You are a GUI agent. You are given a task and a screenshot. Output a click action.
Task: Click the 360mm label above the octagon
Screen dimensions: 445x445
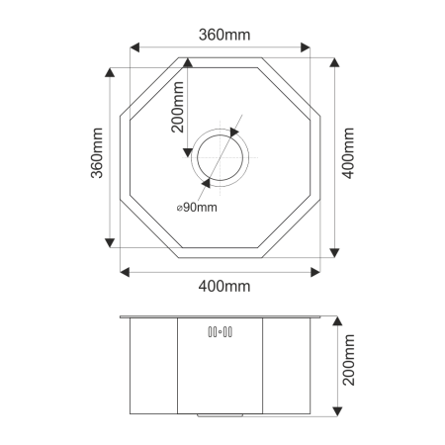[x=222, y=35]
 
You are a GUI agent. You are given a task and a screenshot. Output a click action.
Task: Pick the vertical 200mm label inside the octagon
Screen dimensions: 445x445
[x=176, y=108]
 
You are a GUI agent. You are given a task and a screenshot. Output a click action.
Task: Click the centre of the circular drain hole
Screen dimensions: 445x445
[x=222, y=157]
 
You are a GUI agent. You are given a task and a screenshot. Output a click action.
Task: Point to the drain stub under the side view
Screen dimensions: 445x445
[x=221, y=416]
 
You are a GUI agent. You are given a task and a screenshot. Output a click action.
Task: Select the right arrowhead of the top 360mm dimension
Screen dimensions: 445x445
[x=308, y=46]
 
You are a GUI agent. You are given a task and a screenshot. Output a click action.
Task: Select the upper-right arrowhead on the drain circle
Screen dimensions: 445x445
[x=235, y=132]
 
